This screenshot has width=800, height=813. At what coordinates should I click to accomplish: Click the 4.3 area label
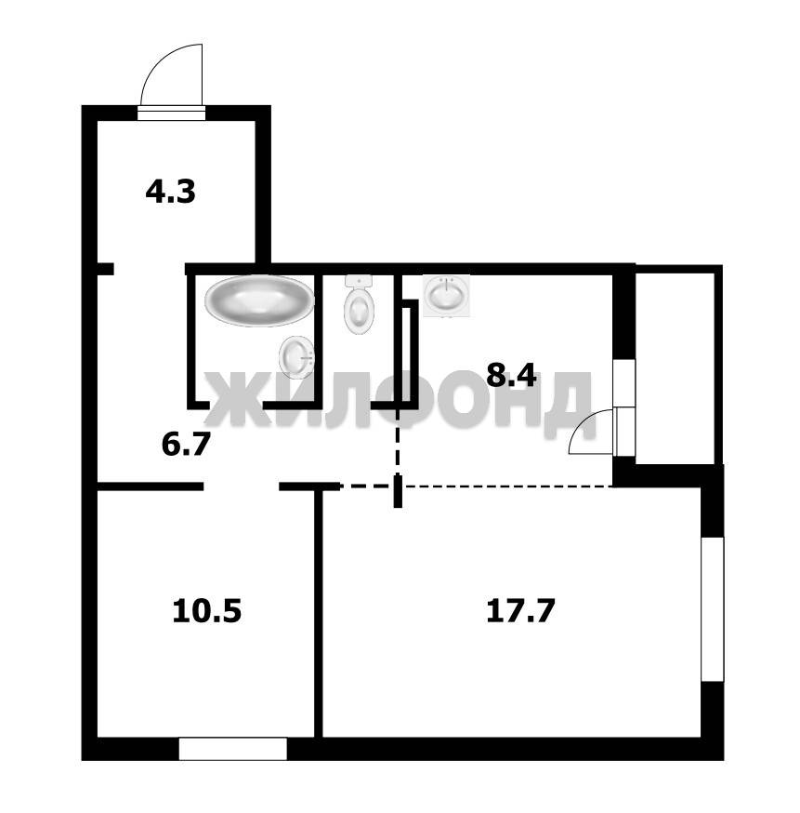click(x=170, y=192)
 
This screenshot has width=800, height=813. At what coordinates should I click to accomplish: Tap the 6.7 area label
click(x=186, y=445)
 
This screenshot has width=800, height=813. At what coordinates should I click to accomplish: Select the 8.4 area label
click(x=511, y=376)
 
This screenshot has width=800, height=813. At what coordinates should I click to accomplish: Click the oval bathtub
click(x=259, y=300)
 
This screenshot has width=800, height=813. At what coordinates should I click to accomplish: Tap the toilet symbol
click(x=359, y=305)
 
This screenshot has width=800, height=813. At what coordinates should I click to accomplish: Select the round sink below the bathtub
click(x=296, y=357)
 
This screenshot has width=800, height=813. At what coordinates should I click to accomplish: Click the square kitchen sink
click(x=446, y=296)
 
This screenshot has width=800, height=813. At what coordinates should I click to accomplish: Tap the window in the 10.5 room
click(x=232, y=749)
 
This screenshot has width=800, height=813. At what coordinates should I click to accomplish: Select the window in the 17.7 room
click(x=712, y=609)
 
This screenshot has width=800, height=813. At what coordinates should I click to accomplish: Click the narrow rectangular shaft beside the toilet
click(x=410, y=351)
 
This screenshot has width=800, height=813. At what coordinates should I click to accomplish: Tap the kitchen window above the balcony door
click(x=624, y=382)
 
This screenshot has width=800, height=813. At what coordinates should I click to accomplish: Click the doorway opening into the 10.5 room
click(x=242, y=486)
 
